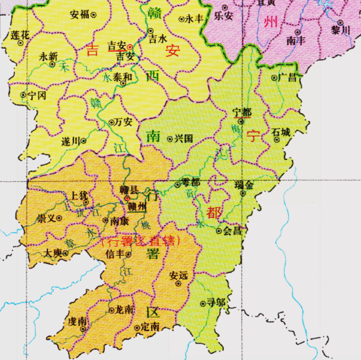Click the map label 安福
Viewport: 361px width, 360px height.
click(x=80, y=15)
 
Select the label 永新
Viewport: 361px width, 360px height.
click(x=48, y=56)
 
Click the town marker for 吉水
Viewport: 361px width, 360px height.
click(x=150, y=30)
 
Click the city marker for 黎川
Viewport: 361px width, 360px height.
click(x=340, y=22)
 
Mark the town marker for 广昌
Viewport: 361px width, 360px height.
click(x=274, y=78)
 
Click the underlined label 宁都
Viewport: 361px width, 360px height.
click(x=242, y=113)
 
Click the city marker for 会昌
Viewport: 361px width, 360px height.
click(x=219, y=231)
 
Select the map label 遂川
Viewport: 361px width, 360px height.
click(x=71, y=141)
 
